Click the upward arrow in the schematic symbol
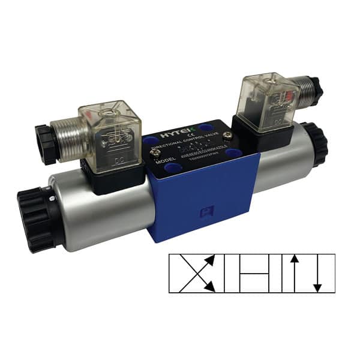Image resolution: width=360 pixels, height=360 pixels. [294, 273]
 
